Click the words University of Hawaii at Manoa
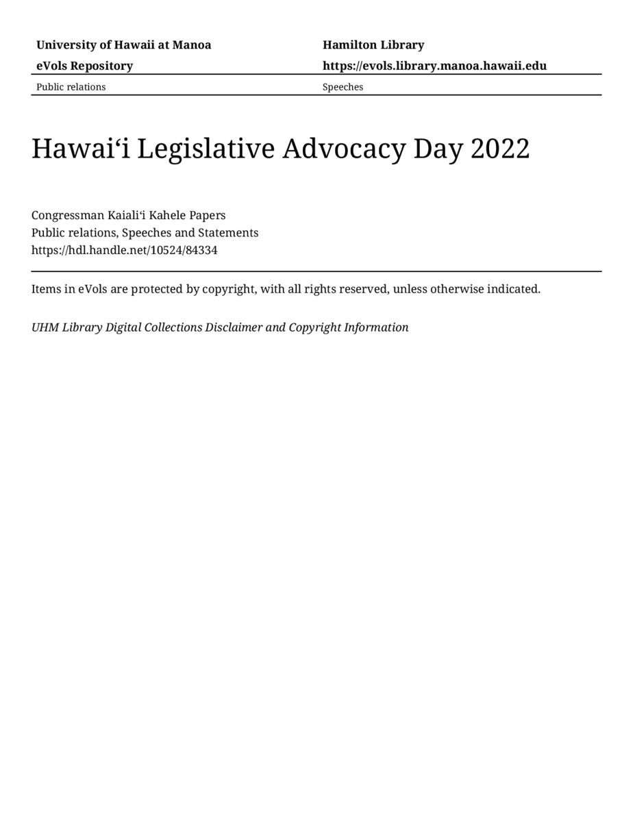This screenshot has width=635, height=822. pos(123,45)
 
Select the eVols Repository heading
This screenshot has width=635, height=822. pos(84,66)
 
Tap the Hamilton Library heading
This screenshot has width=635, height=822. pos(373,45)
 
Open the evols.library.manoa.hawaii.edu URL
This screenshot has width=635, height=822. pos(434,66)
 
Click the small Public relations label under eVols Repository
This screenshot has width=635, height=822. pos(71,87)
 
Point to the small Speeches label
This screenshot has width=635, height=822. pos(343,87)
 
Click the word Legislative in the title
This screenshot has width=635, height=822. pos(206,149)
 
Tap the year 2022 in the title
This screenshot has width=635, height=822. pos(500,149)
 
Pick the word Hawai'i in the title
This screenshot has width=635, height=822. pos(80,149)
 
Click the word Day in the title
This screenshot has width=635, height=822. pos(438,149)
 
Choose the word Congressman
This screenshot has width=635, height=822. pos(68,215)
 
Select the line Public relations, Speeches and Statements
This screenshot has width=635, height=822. pos(145,233)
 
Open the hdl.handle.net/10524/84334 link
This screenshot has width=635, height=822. pos(124,250)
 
